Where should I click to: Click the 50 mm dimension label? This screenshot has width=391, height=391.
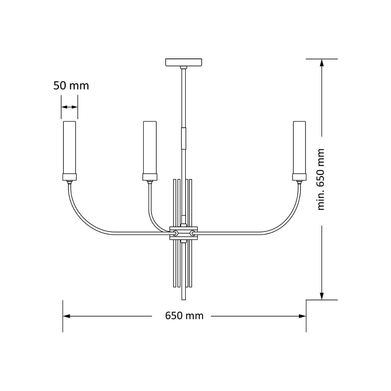(x=71, y=86)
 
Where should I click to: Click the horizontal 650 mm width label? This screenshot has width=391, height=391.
(x=184, y=316)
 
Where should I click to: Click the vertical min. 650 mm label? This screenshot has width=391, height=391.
(x=321, y=180)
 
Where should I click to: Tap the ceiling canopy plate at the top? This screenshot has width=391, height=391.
(x=183, y=62)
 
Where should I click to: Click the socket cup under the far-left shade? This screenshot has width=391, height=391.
(x=69, y=177)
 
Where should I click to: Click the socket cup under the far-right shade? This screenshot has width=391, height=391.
(x=299, y=177)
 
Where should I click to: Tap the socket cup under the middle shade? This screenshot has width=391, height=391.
(x=150, y=177)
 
